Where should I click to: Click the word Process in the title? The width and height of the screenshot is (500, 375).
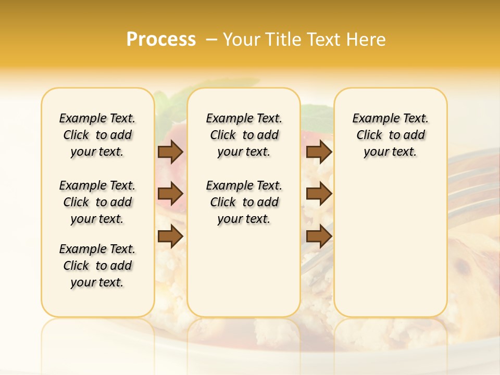coord(161,40)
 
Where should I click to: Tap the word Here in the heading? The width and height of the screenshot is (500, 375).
coord(366,40)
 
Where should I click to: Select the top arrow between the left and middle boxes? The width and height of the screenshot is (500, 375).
coord(170,152)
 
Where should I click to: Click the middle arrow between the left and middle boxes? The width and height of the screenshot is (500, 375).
coord(170,194)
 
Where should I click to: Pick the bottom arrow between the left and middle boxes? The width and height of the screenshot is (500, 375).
coord(170,236)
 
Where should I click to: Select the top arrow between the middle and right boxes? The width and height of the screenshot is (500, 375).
coord(319,152)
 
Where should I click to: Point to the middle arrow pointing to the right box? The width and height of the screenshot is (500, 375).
coord(319,194)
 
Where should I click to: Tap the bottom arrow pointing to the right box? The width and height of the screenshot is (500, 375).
coord(319,236)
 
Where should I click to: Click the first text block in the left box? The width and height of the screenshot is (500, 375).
coord(97,135)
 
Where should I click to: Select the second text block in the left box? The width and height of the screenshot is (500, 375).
coord(97,202)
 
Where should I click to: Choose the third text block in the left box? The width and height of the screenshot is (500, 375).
coord(97,266)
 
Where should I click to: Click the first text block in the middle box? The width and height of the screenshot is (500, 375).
coord(244,135)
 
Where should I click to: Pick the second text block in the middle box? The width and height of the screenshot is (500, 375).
coord(244,202)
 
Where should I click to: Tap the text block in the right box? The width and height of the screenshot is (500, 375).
coord(390,135)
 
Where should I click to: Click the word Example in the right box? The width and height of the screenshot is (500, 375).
coord(372,119)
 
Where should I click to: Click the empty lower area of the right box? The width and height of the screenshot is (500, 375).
coord(390,250)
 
